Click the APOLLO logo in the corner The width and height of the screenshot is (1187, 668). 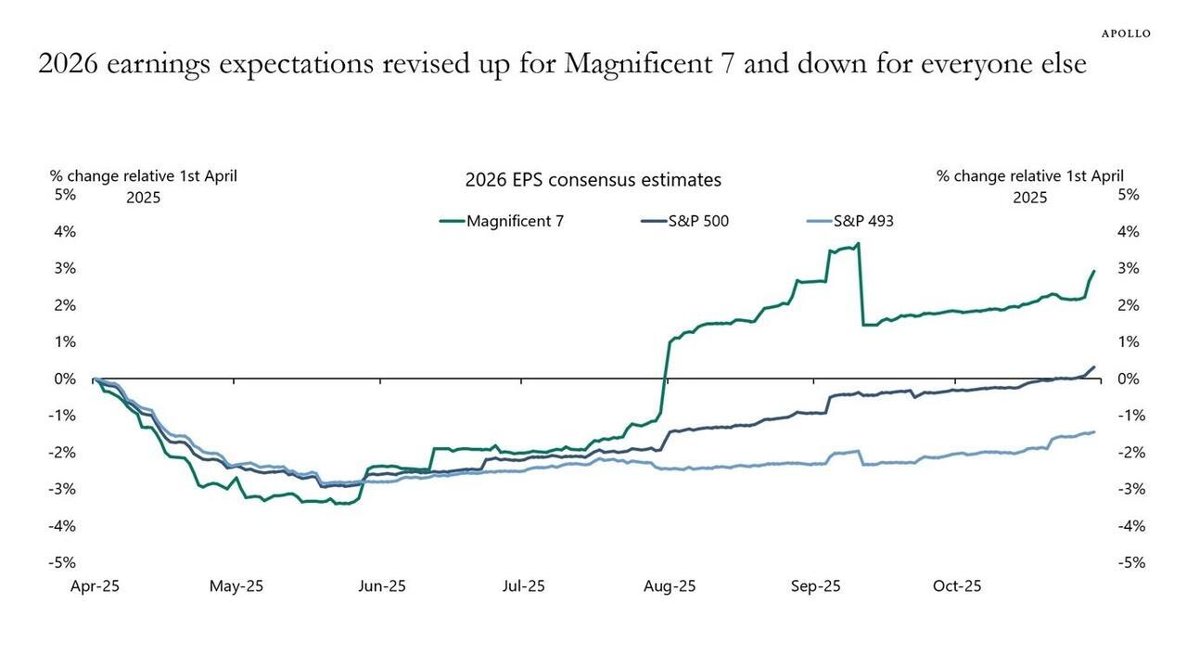[1126, 33]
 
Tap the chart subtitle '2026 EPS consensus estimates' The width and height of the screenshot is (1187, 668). [593, 180]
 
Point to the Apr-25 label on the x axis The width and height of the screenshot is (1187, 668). [95, 586]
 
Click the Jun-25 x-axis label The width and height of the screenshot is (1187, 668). [382, 586]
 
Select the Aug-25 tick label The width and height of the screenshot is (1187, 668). [670, 586]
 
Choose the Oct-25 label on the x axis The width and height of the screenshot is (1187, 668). [957, 586]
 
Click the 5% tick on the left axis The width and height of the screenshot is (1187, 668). [64, 195]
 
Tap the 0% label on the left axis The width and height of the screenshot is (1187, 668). [64, 379]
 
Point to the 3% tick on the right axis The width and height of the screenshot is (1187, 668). [1128, 268]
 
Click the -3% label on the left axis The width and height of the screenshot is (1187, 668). [62, 489]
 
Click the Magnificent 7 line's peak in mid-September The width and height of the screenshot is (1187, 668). [859, 244]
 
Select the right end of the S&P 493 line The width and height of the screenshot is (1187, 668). [1094, 431]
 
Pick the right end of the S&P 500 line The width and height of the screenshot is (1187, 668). [1094, 367]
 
